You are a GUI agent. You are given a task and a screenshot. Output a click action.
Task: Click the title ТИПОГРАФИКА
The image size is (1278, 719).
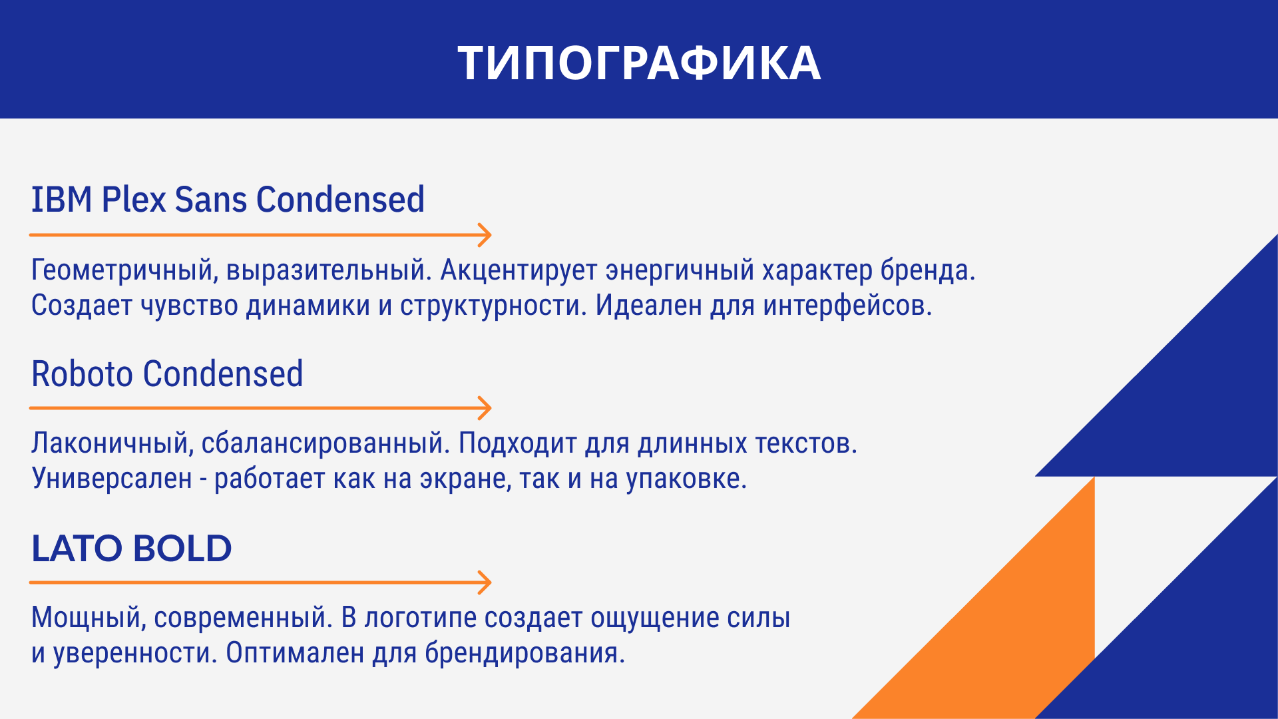click(639, 63)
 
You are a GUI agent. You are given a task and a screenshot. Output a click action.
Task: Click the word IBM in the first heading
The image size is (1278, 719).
click(62, 200)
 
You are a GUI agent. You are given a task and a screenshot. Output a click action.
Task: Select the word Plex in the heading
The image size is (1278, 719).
click(134, 200)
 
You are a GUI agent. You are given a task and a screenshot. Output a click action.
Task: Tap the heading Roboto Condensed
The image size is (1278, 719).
click(167, 373)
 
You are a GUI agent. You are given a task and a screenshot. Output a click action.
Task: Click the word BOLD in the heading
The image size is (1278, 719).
click(182, 549)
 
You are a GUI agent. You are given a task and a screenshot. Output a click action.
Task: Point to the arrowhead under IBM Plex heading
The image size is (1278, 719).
click(485, 235)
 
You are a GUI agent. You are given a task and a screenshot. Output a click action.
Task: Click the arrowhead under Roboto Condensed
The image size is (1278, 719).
click(485, 408)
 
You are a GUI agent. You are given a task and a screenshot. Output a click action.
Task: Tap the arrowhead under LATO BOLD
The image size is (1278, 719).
click(485, 583)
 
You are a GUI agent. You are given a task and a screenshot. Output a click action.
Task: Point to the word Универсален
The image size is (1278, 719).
click(112, 479)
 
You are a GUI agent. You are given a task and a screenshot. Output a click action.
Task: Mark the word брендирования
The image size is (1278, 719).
click(525, 653)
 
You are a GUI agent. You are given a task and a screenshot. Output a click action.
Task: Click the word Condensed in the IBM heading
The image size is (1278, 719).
click(340, 200)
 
